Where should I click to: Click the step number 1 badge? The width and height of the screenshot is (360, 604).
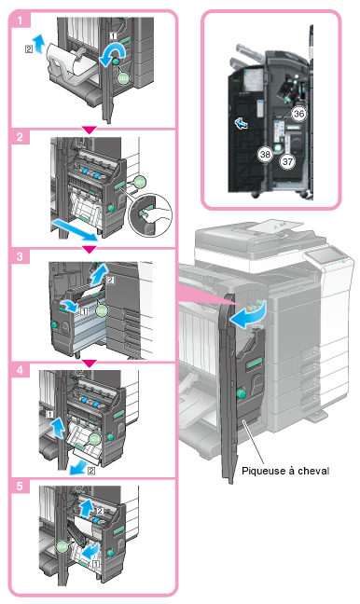[x=20, y=20]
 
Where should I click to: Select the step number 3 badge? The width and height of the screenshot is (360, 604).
[x=20, y=255]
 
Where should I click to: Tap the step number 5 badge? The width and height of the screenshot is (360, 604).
[x=20, y=486]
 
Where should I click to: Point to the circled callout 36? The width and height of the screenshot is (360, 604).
[x=298, y=114]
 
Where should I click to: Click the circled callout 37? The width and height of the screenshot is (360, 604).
[x=287, y=161]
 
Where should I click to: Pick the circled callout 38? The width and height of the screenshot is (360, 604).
[x=265, y=155]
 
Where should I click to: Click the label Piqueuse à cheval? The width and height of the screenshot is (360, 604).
[x=285, y=471]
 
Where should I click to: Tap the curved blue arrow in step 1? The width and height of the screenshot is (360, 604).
[x=112, y=53]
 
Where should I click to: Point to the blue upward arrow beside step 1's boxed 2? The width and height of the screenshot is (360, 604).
[x=38, y=43]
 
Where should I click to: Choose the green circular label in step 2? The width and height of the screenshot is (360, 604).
[x=140, y=182]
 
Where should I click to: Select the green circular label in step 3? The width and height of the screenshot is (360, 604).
[x=101, y=309]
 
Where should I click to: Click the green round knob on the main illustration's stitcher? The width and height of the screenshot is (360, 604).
[x=242, y=393]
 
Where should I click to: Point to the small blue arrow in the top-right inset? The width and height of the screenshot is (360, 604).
[x=242, y=124]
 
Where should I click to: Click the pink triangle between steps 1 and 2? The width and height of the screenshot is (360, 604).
[x=90, y=130]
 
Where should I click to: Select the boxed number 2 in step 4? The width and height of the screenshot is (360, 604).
[x=91, y=471]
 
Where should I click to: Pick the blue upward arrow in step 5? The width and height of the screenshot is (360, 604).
[x=87, y=508]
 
